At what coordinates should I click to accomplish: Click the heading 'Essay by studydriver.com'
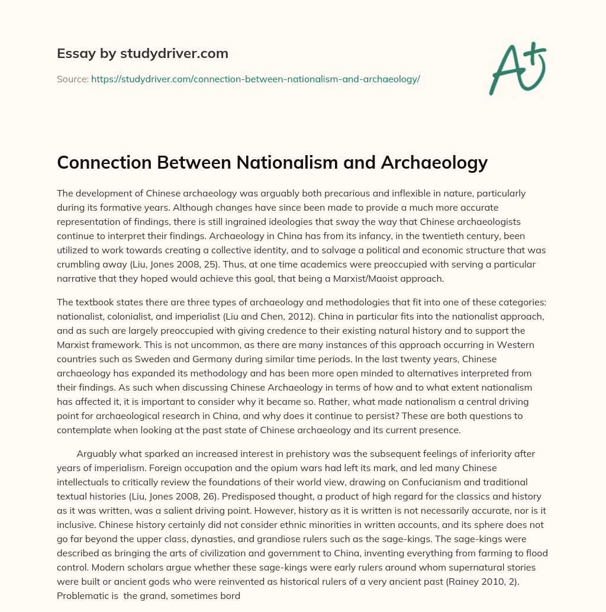tap(143, 53)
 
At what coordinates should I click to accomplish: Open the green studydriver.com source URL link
tap(255, 79)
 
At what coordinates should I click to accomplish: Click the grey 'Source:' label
tap(72, 79)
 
